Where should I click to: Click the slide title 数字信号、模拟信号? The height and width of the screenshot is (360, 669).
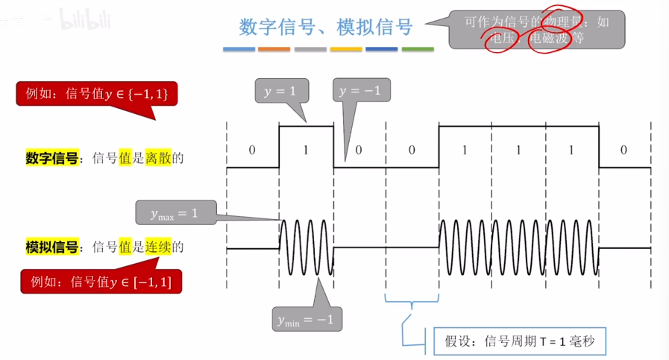click(326, 28)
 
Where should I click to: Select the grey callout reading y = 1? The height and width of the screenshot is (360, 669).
click(280, 91)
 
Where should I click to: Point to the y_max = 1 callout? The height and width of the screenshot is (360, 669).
click(174, 213)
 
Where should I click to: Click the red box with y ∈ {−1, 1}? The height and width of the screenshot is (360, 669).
click(97, 94)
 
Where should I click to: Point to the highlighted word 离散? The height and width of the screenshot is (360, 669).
click(158, 158)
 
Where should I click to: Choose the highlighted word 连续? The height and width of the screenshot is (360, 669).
click(158, 247)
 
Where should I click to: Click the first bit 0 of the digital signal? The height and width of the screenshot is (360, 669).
click(252, 150)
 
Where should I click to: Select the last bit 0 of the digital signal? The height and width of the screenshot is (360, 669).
click(624, 150)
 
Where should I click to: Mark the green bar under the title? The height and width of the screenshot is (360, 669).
click(418, 50)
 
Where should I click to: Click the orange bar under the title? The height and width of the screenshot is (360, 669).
click(274, 50)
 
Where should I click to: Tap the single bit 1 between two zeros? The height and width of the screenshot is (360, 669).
click(306, 150)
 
